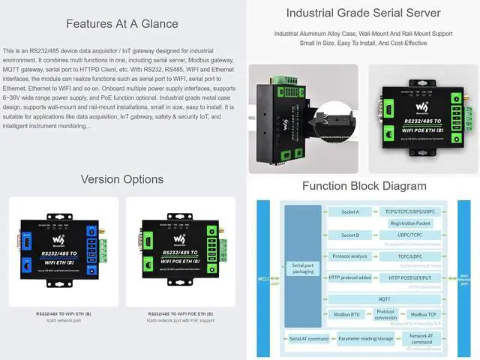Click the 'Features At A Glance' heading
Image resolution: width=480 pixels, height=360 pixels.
tap(121, 23)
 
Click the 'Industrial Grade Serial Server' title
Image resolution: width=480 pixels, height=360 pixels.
tap(363, 13)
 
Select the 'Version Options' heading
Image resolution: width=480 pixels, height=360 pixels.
tap(121, 179)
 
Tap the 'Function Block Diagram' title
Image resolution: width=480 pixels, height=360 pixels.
tap(363, 186)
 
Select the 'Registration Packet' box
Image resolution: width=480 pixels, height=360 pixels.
tap(410, 223)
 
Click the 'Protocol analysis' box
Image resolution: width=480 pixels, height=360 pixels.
tap(349, 256)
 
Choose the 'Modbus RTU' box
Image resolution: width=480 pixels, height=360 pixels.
tap(345, 314)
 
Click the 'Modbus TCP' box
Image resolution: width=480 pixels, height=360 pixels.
tap(424, 314)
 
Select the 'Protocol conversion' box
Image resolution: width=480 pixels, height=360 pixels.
tap(385, 314)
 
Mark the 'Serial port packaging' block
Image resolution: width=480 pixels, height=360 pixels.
tap(303, 268)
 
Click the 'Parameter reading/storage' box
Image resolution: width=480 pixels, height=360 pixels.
tap(364, 338)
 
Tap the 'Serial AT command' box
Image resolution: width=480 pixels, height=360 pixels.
tap(309, 338)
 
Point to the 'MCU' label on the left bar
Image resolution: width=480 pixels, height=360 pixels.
tap(263, 278)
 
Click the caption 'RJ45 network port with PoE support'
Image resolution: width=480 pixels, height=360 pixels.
tap(181, 320)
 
